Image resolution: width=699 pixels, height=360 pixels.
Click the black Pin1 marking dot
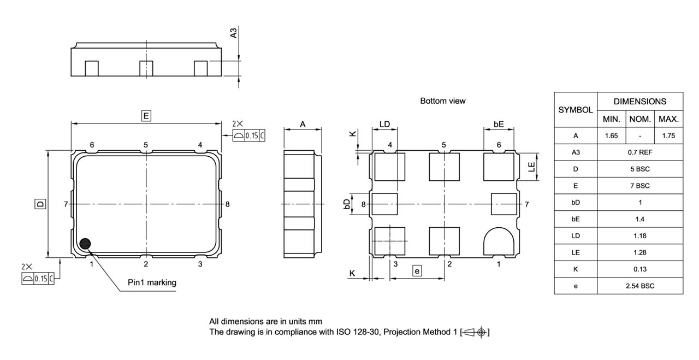85,244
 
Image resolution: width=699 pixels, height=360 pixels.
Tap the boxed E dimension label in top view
146,116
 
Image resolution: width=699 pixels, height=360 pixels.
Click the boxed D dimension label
40,204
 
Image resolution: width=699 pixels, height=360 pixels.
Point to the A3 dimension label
234,33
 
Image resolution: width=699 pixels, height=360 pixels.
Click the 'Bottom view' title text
442,101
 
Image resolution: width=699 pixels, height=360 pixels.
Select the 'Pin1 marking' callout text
152,282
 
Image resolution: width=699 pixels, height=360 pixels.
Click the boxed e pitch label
417,271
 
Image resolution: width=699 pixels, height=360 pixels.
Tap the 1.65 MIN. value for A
611,136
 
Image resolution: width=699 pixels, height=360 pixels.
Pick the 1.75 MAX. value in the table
668,136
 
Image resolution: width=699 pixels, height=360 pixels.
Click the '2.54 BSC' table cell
640,286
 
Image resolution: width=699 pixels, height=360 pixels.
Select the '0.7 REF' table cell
640,152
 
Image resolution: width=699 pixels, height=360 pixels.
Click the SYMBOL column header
576,110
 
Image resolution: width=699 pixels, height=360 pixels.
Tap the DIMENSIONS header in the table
640,102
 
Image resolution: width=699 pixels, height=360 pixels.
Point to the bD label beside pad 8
347,204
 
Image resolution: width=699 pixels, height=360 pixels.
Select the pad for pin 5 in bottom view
444,167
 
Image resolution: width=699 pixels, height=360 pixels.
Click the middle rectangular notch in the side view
146,69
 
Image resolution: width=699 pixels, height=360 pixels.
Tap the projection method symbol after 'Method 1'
475,332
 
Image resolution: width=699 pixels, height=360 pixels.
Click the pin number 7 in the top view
66,204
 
